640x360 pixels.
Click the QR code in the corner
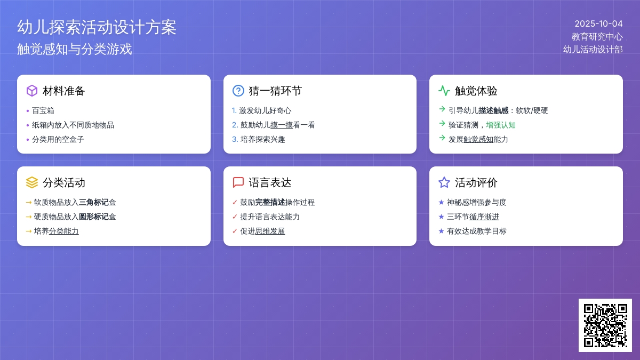click(605, 325)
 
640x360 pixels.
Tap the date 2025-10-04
click(598, 23)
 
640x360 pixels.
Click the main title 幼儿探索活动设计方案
click(97, 27)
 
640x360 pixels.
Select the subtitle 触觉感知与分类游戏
click(74, 49)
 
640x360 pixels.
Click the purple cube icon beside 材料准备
click(31, 91)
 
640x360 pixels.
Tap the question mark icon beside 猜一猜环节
click(238, 91)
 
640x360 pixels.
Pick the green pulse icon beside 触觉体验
click(444, 91)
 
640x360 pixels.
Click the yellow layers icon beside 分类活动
click(31, 182)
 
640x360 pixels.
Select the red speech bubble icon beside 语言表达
click(238, 182)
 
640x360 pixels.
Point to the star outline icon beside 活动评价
click(444, 182)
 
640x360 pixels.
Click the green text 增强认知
click(501, 125)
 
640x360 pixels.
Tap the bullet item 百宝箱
click(43, 110)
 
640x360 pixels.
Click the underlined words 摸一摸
click(282, 125)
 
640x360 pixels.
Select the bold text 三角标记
click(93, 202)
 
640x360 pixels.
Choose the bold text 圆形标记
click(93, 217)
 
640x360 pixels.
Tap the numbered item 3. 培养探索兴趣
click(259, 139)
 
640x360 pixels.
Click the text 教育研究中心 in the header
click(597, 37)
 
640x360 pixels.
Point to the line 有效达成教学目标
click(477, 231)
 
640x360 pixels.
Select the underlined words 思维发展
click(270, 231)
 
